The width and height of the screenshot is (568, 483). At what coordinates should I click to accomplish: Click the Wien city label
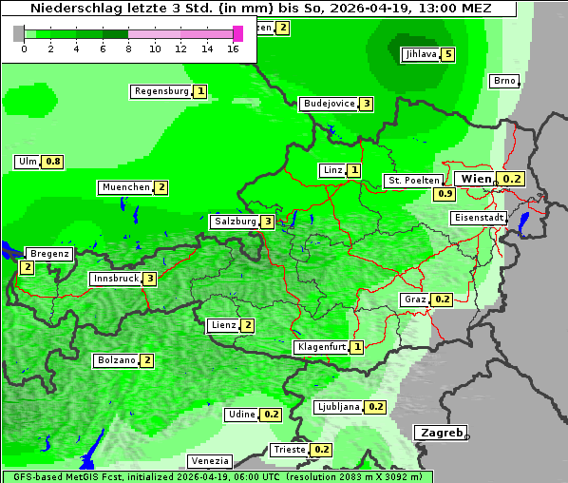pos(476,179)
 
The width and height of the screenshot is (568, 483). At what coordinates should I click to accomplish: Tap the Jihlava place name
pos(420,54)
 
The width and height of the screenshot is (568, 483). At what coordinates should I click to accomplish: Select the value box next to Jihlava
pos(447,54)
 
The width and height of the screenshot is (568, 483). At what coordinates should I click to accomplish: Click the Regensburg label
pos(161,91)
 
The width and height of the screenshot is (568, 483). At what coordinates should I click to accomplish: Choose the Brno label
pos(503,81)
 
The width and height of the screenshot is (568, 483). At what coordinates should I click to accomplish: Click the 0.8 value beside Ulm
pos(53,162)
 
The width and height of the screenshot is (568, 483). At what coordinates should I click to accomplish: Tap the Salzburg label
pos(234,222)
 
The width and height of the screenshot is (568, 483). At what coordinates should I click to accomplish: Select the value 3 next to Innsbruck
pos(149,279)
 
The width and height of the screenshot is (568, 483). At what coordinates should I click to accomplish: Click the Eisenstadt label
pos(478,218)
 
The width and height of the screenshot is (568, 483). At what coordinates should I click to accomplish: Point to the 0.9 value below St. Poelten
pos(445,194)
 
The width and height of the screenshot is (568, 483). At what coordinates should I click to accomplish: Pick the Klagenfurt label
pos(320,347)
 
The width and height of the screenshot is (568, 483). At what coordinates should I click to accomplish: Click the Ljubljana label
pos(337,407)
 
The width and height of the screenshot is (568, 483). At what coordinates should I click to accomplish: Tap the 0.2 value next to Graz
pos(442,299)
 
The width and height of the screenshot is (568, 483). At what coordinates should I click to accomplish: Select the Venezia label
pos(209,461)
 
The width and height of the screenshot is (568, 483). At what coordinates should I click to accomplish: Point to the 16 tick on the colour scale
pos(234,48)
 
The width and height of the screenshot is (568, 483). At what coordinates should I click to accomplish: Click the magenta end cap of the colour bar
pos(237,33)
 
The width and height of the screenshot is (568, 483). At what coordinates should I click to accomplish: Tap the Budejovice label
pos(329,104)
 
